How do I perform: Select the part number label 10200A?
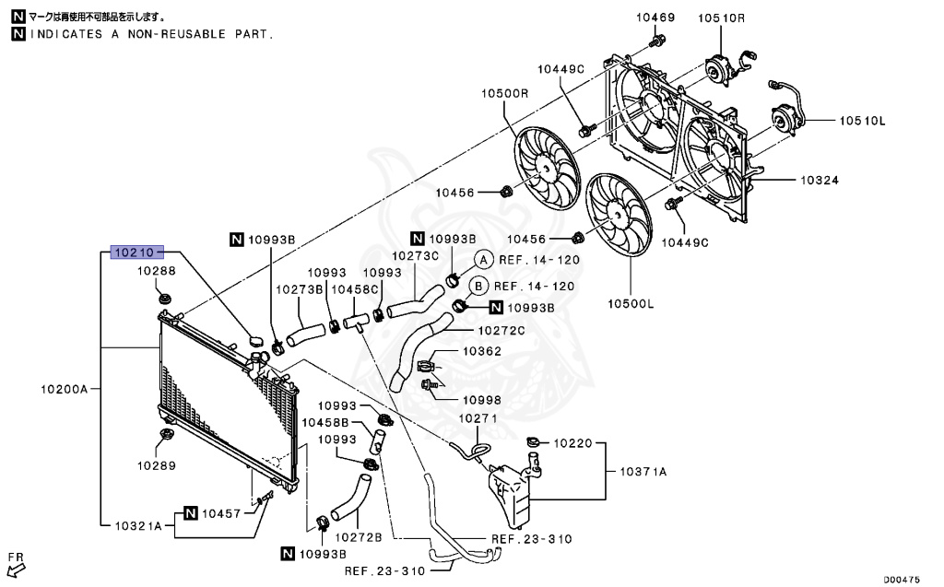point(64,389)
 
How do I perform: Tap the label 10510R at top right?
point(720,18)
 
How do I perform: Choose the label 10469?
point(655,18)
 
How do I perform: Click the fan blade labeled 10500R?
point(545,166)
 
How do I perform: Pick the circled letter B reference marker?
point(478,287)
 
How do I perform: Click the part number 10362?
point(482,351)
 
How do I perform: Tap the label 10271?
point(478,417)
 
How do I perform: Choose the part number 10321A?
point(138,525)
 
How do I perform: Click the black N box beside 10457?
point(190,512)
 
